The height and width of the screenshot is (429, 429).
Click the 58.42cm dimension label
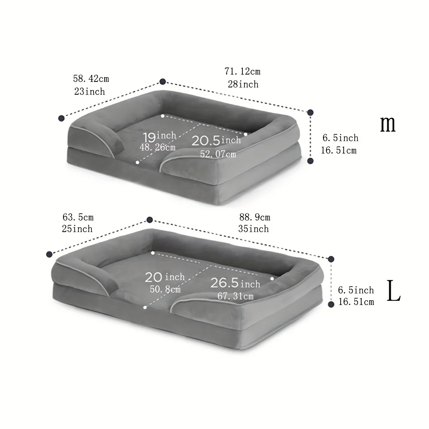point(91,79)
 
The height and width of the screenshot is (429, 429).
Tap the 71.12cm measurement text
point(242,71)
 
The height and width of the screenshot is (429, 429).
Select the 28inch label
point(243,84)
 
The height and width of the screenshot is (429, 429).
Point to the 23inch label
point(90,91)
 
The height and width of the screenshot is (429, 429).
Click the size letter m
point(388,124)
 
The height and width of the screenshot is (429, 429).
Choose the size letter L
point(394,291)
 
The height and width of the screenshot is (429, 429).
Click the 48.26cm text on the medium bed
point(157,148)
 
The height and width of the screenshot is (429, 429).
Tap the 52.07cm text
point(218,154)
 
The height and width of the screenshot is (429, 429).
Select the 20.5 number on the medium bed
point(206,141)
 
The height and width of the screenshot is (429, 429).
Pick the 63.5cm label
point(78,217)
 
